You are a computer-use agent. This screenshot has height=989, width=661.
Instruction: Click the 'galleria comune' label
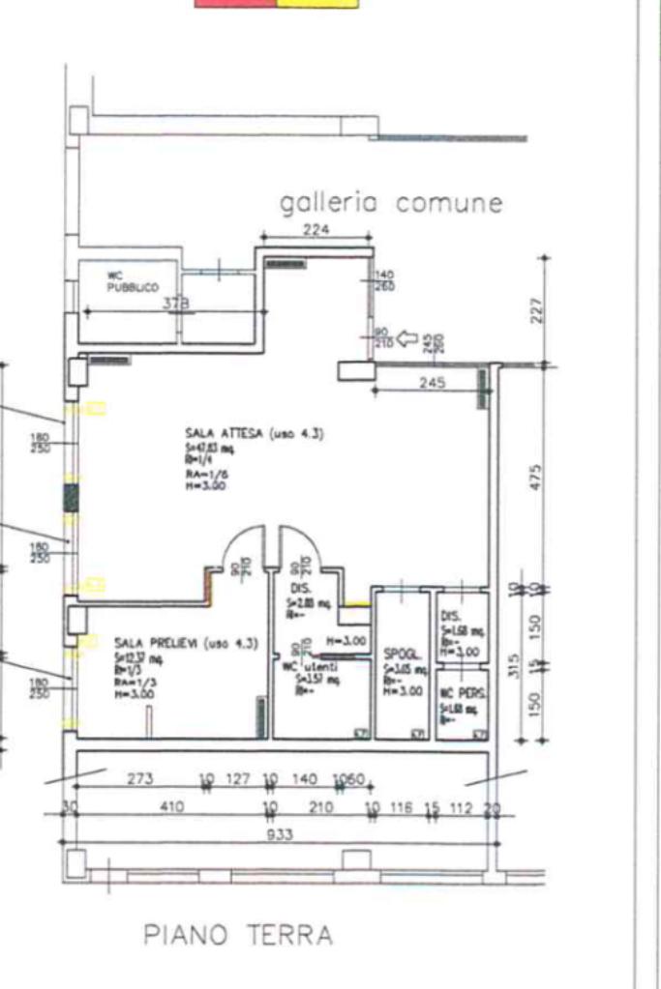(x=391, y=203)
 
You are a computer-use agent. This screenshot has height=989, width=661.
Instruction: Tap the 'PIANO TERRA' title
(x=238, y=935)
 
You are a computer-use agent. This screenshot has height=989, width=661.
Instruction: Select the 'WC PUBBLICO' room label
(x=125, y=281)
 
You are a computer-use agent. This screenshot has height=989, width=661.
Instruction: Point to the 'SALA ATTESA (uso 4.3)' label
(x=254, y=433)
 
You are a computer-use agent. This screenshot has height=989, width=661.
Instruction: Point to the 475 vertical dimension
(x=538, y=479)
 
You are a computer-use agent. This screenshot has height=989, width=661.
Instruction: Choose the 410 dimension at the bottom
(x=171, y=806)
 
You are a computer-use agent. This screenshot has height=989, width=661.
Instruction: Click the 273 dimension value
(x=139, y=779)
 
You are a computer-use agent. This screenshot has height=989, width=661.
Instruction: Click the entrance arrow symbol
(x=406, y=339)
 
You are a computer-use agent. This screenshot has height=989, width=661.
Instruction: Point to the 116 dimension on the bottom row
(x=403, y=806)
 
